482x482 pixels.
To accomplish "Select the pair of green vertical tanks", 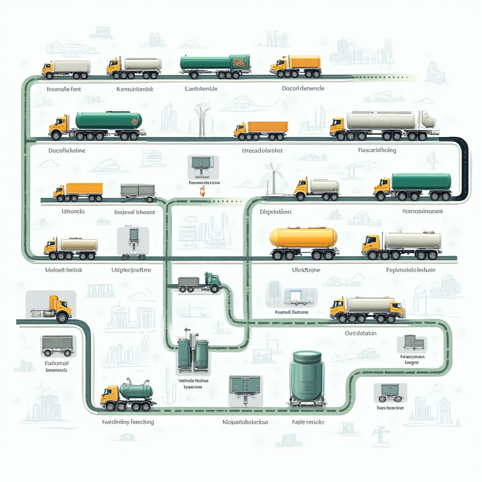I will pyautogui.click(x=193, y=353).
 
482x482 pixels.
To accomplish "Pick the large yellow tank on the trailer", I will pyautogui.click(x=303, y=237).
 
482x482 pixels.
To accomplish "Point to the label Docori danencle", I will pyautogui.click(x=303, y=88).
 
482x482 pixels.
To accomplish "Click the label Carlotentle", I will pyautogui.click(x=201, y=88).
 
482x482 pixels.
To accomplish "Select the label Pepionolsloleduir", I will pyautogui.click(x=410, y=270).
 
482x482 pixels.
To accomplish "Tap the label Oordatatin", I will pyautogui.click(x=361, y=333).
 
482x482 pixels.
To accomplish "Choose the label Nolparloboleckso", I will pyautogui.click(x=245, y=422).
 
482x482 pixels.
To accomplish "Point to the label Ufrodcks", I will pyautogui.click(x=73, y=211).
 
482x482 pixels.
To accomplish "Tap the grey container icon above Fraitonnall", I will pyautogui.click(x=57, y=345).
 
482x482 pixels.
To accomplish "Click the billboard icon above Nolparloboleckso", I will pyautogui.click(x=245, y=388).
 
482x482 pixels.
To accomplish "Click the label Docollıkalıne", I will pyautogui.click(x=67, y=151).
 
